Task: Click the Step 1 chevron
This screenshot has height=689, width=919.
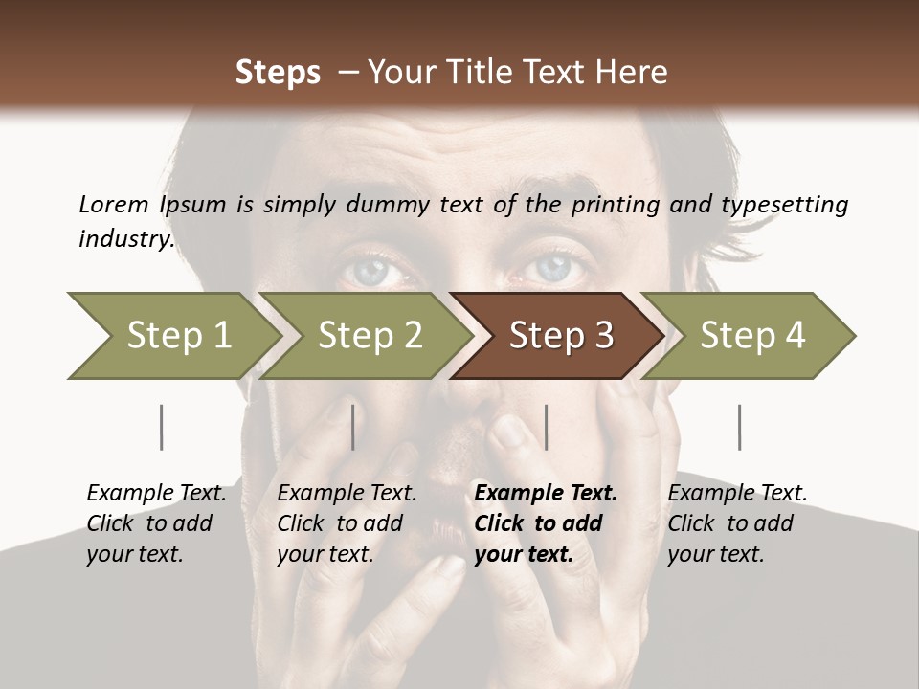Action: click(172, 336)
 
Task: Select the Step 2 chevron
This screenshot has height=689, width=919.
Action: click(369, 336)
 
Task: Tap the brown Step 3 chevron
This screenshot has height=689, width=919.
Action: click(560, 336)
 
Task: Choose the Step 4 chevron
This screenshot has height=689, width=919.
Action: click(751, 336)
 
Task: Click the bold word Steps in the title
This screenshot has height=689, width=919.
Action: click(278, 73)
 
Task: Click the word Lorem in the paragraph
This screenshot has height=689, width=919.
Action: click(114, 204)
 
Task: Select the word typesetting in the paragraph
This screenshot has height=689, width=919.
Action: click(771, 204)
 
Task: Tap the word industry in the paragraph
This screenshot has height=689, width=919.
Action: click(125, 238)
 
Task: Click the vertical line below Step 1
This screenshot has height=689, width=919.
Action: click(161, 427)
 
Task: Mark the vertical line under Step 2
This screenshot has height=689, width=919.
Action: click(353, 427)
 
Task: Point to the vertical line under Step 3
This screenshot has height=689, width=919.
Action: click(546, 427)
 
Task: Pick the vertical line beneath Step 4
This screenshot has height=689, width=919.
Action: click(739, 427)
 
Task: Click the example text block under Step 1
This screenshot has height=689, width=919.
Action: click(156, 523)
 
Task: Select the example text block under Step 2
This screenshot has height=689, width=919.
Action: click(347, 523)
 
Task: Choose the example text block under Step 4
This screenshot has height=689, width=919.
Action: click(737, 523)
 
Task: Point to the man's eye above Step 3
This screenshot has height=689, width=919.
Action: click(552, 267)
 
